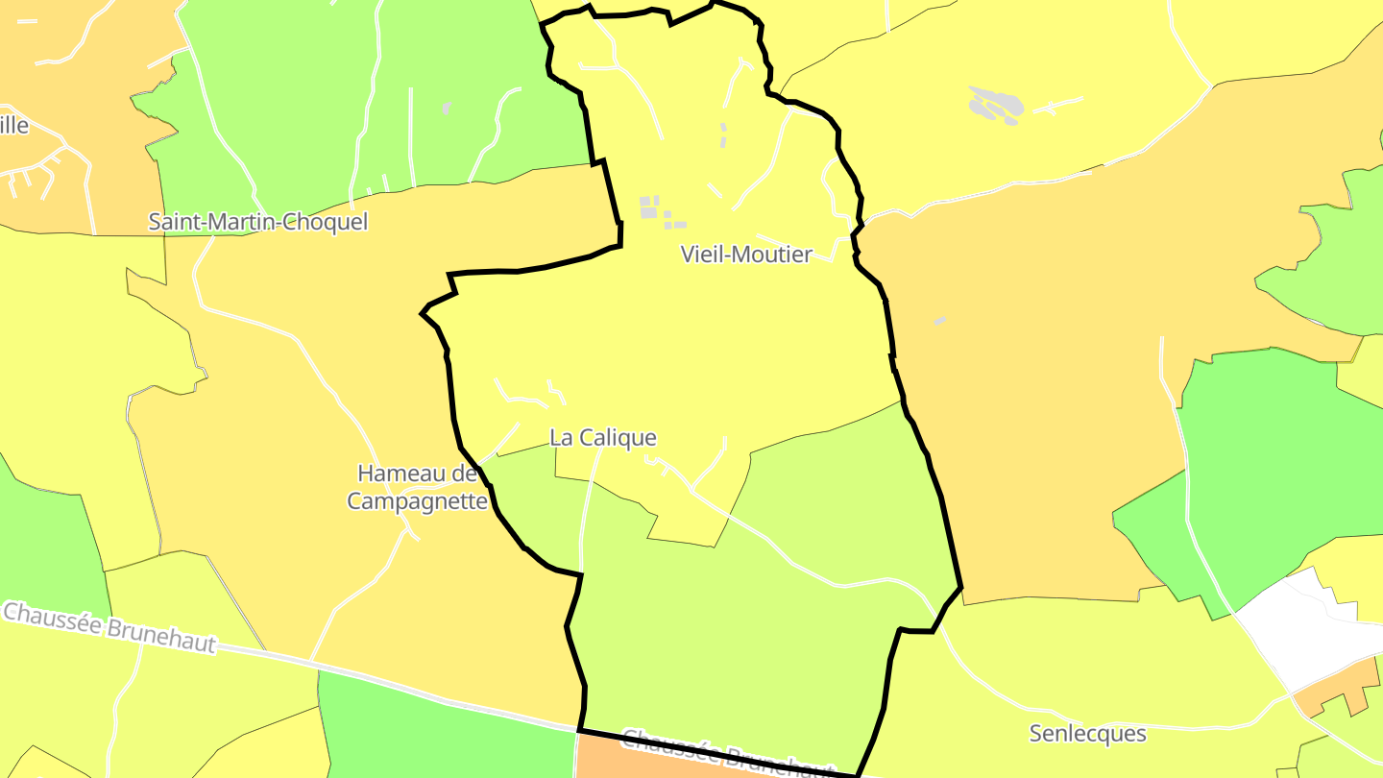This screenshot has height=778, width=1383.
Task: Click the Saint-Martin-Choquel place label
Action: tap(257, 222)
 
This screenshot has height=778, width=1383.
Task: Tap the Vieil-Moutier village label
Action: tap(746, 255)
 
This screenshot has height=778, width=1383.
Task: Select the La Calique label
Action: tap(603, 438)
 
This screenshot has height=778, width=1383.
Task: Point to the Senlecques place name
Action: tap(1087, 734)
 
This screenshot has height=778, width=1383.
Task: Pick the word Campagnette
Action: tap(417, 501)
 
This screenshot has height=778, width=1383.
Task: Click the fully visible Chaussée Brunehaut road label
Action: tap(109, 628)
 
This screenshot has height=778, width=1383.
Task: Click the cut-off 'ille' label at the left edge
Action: tap(13, 125)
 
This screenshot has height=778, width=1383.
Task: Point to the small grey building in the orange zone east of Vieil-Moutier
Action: tap(939, 321)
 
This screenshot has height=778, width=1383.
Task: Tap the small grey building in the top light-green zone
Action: tap(447, 108)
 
